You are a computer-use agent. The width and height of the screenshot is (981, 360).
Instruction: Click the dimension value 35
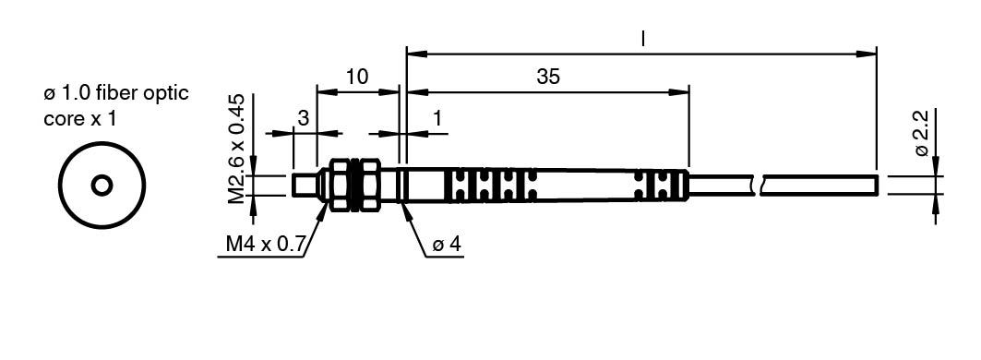tap(549, 77)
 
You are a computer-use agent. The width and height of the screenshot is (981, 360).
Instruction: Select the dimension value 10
tap(357, 77)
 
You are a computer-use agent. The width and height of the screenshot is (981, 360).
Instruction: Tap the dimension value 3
tap(304, 118)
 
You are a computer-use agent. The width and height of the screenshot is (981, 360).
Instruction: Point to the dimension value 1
tap(437, 118)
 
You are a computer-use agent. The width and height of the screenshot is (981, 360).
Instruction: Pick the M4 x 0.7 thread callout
tap(265, 245)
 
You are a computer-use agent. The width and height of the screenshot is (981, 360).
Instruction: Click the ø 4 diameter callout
tap(447, 245)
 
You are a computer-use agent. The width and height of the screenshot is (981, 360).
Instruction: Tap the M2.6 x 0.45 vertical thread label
tap(236, 150)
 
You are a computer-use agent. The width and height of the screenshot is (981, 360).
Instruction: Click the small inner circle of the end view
tap(102, 186)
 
